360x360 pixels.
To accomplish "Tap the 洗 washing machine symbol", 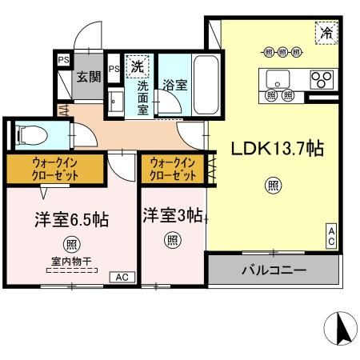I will [x=137, y=65].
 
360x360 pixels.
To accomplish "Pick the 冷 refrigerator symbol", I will [x=326, y=33].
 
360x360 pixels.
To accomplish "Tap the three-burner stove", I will [x=322, y=79].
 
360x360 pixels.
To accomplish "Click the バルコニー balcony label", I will [x=274, y=270].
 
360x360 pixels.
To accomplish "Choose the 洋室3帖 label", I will [x=172, y=214].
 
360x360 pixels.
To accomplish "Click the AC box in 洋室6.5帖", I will [x=122, y=278].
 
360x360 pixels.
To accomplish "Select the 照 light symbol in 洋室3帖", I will [x=172, y=239].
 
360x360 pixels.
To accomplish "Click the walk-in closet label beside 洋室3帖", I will [x=172, y=169].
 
